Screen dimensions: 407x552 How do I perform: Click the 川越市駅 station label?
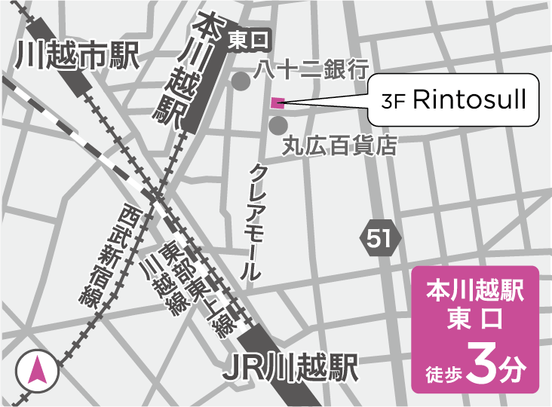[x=77, y=55]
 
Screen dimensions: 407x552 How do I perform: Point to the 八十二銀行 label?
[x=309, y=70]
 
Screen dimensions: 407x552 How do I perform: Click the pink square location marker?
[x=278, y=103]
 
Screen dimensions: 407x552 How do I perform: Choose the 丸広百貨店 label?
[x=339, y=145]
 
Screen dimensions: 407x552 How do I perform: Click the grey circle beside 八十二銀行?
[x=241, y=81]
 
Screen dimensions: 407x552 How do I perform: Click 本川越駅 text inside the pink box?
[x=475, y=289]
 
